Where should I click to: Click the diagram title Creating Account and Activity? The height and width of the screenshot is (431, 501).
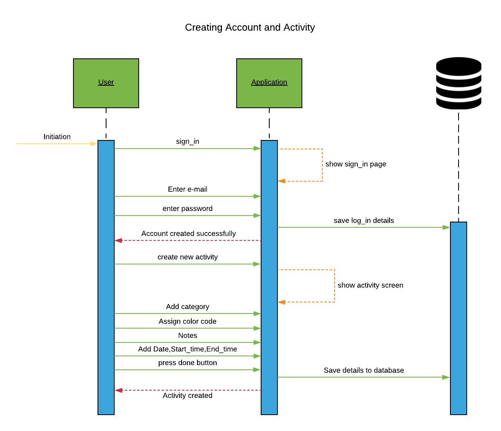[250, 27]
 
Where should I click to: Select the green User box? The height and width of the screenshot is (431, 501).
[106, 83]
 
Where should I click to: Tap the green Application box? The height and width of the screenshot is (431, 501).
[269, 83]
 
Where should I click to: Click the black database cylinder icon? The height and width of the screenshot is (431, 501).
[459, 83]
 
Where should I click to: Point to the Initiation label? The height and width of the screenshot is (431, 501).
[57, 137]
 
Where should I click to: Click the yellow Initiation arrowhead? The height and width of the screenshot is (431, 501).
[94, 144]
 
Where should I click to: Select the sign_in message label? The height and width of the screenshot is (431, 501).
[188, 142]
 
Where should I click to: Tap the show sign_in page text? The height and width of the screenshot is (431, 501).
[356, 164]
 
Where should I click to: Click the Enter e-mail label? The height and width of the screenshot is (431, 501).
[188, 189]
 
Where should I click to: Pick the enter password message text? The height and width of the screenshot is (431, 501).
[188, 209]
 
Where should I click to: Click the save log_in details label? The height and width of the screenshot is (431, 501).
[364, 221]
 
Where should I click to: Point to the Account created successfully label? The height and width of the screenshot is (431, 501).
[188, 233]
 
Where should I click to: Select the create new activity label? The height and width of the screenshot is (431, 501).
[188, 257]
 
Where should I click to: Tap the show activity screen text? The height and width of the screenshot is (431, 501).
[370, 285]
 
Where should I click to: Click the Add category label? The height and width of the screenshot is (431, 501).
[188, 307]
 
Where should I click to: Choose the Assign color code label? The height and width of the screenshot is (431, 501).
[188, 321]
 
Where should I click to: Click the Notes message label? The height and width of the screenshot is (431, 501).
[188, 335]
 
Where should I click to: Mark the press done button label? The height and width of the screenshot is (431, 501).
[188, 363]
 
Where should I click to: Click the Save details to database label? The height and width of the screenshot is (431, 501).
[364, 370]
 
